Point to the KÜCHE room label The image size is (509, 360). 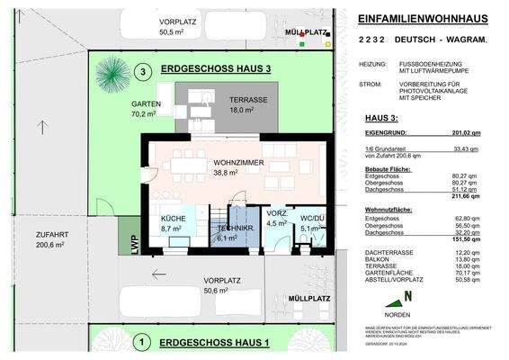(x=174, y=220)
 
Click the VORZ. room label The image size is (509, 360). (x=277, y=213)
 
